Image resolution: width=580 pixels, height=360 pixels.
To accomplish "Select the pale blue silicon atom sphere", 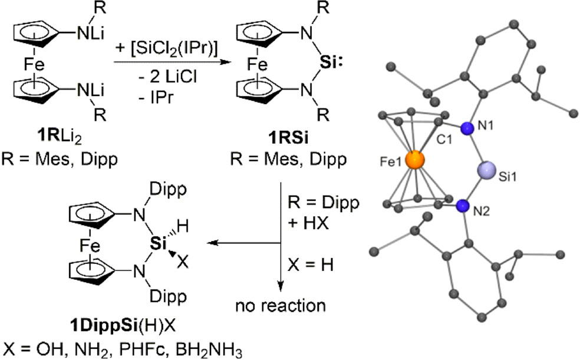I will [490, 169].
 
